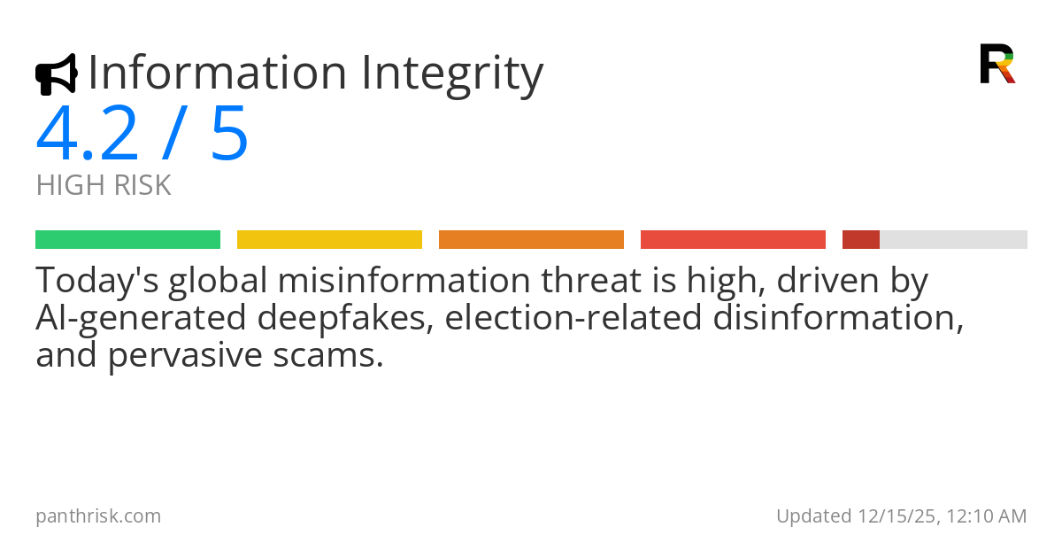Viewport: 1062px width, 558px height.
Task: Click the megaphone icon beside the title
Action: (56, 74)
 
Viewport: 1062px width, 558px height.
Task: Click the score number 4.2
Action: (87, 135)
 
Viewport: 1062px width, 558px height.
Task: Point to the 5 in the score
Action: (229, 135)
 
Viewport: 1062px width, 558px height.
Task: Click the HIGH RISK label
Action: (104, 186)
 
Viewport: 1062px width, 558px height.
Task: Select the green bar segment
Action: (127, 240)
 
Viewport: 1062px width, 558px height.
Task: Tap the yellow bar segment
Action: (329, 240)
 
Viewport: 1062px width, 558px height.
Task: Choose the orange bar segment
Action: (531, 240)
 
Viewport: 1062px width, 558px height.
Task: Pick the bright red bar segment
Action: (733, 240)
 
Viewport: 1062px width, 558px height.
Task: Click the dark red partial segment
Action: (860, 240)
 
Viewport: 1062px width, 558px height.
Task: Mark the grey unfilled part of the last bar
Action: (953, 240)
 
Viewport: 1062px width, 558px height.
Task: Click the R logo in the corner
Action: (997, 64)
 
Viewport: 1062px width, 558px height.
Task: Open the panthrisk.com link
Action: (98, 516)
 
